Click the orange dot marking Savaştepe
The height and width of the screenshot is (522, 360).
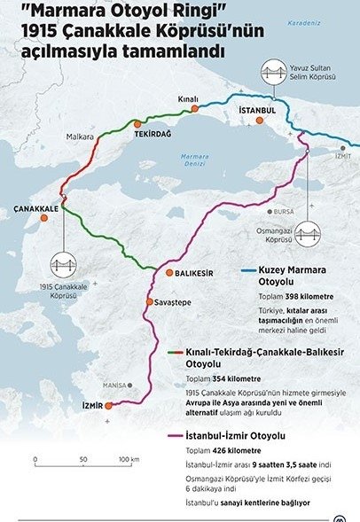tap(149, 301)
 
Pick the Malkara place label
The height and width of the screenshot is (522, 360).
tap(81, 137)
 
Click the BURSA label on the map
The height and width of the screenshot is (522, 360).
tap(285, 213)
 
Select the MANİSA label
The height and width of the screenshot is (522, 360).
tap(115, 386)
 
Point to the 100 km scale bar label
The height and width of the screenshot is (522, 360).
tap(129, 460)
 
